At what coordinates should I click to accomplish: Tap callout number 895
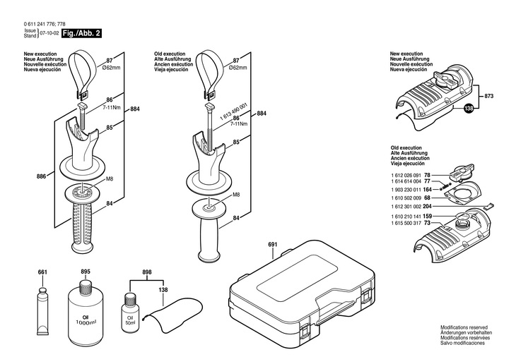click(86, 272)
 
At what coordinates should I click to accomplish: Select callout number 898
click(147, 272)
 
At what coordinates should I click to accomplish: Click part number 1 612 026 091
click(406, 174)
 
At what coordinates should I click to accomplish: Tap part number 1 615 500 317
click(406, 223)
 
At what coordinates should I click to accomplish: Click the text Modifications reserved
click(464, 328)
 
